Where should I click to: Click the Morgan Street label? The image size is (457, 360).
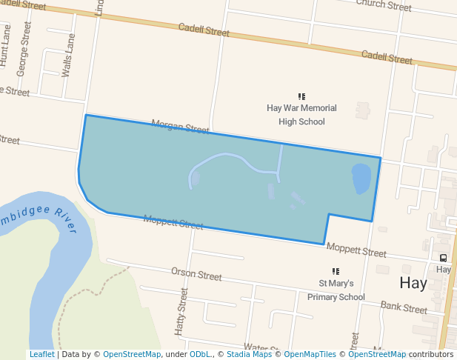coord(180,127)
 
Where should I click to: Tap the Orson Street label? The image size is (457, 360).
coord(196,275)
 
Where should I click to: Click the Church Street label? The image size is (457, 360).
coord(384,5)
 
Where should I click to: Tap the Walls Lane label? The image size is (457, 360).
coord(69,56)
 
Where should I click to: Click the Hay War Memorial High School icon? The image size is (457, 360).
coord(301,96)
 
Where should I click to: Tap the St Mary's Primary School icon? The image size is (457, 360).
coord(336,272)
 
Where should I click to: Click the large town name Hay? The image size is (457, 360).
coord(413,283)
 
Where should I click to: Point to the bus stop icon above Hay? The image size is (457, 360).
coord(444,258)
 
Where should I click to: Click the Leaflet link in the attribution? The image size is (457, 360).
coord(41,355)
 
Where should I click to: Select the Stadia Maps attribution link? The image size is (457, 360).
coord(249,355)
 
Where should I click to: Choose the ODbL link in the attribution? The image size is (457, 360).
coord(200,355)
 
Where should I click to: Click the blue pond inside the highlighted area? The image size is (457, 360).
coord(361,179)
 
